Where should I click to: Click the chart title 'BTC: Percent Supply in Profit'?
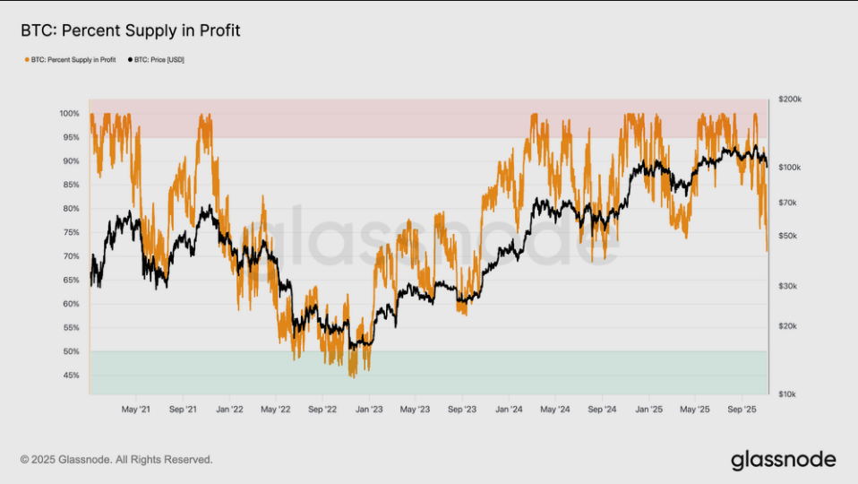pos(130,31)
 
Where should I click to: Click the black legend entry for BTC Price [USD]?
pos(159,59)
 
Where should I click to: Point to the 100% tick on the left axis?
pos(70,114)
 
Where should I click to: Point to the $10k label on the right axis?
pos(787,393)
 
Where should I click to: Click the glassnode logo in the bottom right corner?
pos(783,460)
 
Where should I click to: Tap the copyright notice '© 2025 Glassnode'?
pos(116,460)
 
